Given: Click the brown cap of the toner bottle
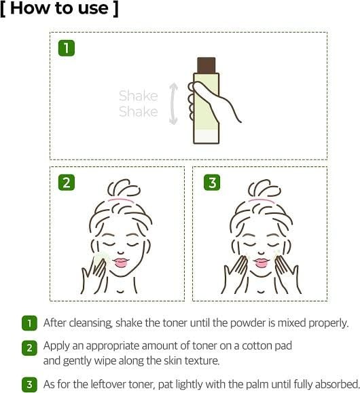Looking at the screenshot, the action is pyautogui.click(x=206, y=65).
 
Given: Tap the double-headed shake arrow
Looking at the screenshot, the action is pyautogui.click(x=173, y=104).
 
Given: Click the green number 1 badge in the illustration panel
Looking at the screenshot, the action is pyautogui.click(x=67, y=48).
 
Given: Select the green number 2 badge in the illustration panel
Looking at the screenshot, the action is pyautogui.click(x=67, y=182).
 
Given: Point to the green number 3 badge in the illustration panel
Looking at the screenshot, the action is pyautogui.click(x=212, y=182).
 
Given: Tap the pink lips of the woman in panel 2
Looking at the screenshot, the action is pyautogui.click(x=121, y=262).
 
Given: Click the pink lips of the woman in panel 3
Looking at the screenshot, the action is pyautogui.click(x=261, y=262).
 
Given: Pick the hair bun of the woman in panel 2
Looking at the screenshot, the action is pyautogui.click(x=124, y=188).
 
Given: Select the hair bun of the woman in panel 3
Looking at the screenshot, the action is pyautogui.click(x=264, y=188).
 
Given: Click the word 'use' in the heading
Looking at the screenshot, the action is pyautogui.click(x=93, y=9).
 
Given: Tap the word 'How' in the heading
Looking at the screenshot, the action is pyautogui.click(x=30, y=8).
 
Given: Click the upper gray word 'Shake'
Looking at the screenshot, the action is pyautogui.click(x=139, y=96).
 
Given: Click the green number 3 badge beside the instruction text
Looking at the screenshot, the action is pyautogui.click(x=29, y=384).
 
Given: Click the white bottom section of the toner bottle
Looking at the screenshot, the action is pyautogui.click(x=206, y=136).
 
